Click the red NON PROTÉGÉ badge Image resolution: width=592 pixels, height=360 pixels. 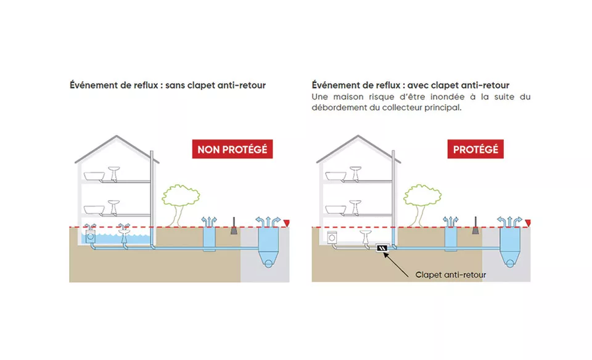[x=232, y=149]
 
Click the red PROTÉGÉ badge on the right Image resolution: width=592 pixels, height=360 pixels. [x=476, y=149]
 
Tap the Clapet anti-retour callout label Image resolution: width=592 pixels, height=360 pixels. [x=451, y=274]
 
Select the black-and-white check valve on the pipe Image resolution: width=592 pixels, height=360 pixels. [x=382, y=248]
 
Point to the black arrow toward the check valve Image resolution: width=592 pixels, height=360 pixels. [x=396, y=265]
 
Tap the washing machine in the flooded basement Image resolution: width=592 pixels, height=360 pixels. [x=90, y=236]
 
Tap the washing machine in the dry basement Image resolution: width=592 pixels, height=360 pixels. [x=332, y=237]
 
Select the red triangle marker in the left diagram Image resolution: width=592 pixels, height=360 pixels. [x=287, y=223]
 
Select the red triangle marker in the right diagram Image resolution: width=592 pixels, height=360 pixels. [x=528, y=223]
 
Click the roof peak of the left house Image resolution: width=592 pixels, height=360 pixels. [x=116, y=136]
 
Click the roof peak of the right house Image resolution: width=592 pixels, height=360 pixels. [x=358, y=136]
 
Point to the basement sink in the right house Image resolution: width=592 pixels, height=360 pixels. [x=366, y=237]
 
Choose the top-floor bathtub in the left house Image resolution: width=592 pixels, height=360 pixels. [x=94, y=176]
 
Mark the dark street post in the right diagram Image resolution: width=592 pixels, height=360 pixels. [x=476, y=226]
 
